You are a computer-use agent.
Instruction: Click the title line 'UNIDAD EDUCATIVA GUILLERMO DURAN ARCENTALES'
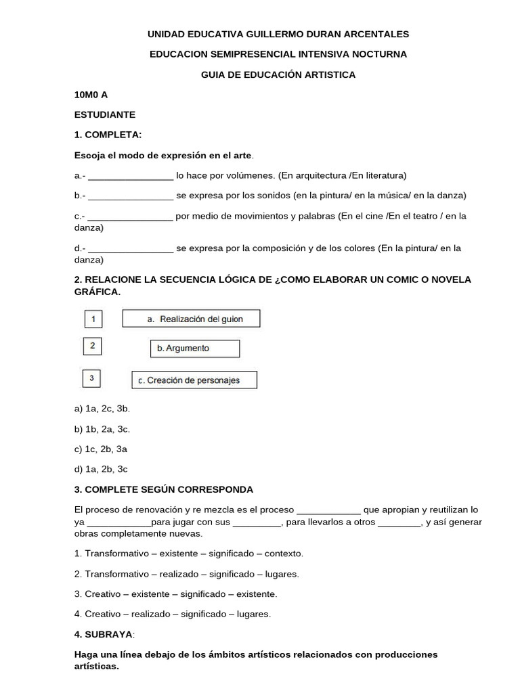tap(278, 34)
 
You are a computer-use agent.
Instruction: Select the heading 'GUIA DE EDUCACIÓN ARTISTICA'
tap(278, 74)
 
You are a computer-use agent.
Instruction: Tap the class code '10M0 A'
tap(91, 95)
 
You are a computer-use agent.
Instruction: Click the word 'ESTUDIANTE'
tap(105, 115)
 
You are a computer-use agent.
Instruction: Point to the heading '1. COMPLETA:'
tap(108, 135)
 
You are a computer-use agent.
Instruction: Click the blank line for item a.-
tap(131, 176)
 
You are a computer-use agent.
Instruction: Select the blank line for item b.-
tap(131, 196)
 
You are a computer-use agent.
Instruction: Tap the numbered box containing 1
tap(93, 318)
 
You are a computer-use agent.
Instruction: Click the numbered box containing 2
tap(92, 347)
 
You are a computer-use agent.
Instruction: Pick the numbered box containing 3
tap(91, 378)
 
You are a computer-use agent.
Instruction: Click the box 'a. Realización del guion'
tap(191, 319)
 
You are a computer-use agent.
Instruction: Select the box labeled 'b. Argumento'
tap(194, 349)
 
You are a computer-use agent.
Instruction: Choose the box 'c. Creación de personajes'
tap(194, 380)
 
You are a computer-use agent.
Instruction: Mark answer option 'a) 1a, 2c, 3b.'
tap(102, 409)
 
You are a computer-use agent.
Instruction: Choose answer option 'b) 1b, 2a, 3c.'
tap(102, 429)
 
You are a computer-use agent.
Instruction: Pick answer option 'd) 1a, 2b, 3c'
tap(101, 469)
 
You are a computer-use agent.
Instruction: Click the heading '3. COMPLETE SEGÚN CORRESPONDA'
tap(164, 489)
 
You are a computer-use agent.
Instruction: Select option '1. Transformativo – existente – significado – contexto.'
tap(189, 554)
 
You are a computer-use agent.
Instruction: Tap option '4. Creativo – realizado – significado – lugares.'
tap(172, 614)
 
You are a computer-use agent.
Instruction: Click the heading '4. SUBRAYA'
tap(104, 634)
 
